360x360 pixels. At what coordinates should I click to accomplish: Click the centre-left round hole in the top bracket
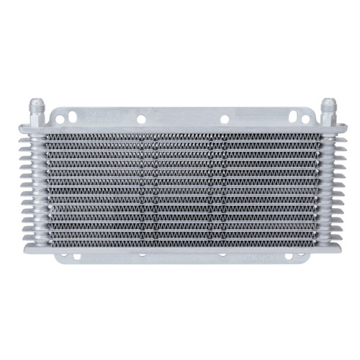141,119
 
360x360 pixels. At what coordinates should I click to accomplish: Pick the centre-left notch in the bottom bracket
141,254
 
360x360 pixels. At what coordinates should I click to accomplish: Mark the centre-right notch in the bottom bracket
223,254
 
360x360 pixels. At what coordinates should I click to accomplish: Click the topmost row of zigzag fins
180,138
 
